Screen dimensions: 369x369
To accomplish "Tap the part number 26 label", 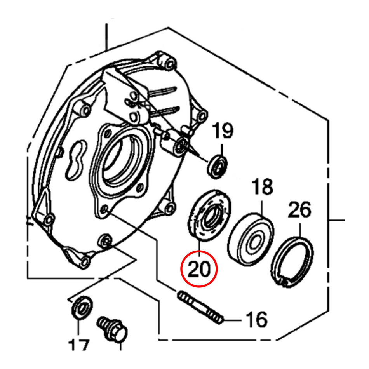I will coord(299,211).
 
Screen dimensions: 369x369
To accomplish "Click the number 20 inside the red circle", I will coord(199,269).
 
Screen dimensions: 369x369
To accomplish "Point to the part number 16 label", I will coord(255,320).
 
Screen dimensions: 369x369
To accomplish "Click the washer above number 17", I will coord(82,307).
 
